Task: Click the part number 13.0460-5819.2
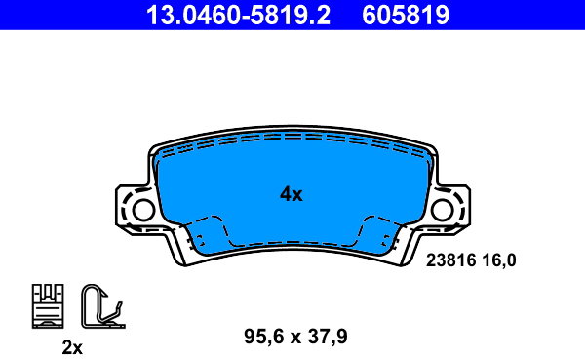(x=238, y=15)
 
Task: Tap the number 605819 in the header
(x=406, y=15)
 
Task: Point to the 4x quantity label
(x=292, y=194)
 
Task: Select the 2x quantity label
(x=72, y=348)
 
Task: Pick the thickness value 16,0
(x=499, y=260)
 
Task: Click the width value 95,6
(x=264, y=337)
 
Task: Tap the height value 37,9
(x=328, y=337)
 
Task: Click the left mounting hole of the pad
(x=143, y=210)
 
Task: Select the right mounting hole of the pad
(x=442, y=210)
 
